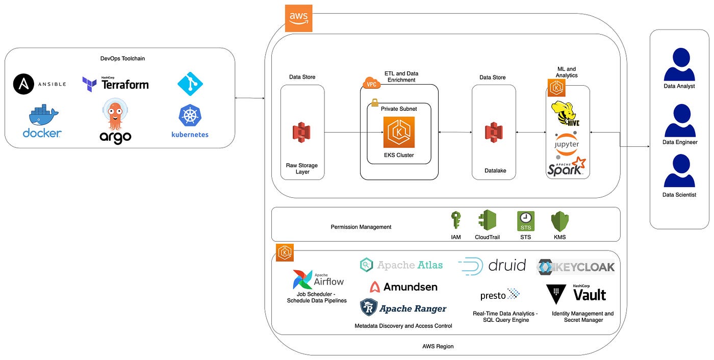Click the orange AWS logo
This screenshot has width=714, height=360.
(298, 18)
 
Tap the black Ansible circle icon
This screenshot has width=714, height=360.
(23, 84)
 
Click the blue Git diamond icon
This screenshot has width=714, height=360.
(190, 84)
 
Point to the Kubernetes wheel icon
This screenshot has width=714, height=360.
(190, 115)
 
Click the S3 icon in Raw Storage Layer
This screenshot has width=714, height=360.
(301, 132)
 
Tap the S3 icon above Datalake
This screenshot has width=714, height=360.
(494, 132)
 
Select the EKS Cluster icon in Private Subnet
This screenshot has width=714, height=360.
(399, 132)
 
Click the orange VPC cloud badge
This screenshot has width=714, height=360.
(372, 83)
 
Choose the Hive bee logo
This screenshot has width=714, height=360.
(565, 114)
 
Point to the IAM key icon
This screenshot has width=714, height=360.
(456, 220)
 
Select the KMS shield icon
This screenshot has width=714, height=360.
(560, 221)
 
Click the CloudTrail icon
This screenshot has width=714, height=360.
(488, 220)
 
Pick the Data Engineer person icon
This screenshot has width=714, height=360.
(680, 120)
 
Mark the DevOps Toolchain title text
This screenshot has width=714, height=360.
(122, 59)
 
